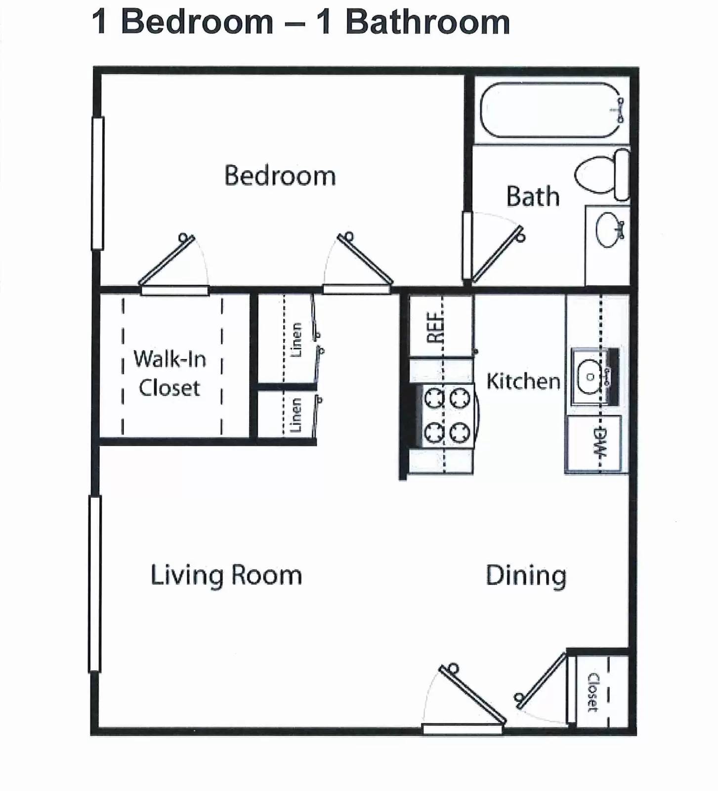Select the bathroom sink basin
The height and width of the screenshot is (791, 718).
coord(609,230)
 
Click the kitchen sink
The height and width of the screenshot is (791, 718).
coord(591,377)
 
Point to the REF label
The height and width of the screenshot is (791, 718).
coord(435,327)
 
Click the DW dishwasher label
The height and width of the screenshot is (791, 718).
coord(599,442)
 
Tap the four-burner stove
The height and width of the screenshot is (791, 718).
coord(446,416)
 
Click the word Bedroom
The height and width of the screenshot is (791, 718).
coord(280,176)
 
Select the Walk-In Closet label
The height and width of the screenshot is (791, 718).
coord(169,373)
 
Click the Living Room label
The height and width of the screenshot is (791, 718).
coord(226,575)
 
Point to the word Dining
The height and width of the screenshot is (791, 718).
coord(526,575)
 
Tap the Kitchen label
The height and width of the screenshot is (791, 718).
coord(523,381)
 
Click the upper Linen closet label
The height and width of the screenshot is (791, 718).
coord(296,340)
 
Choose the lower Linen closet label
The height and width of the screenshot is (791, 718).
coord(296,415)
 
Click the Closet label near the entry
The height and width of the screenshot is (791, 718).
coord(592,692)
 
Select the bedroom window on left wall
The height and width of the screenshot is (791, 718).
coord(97,183)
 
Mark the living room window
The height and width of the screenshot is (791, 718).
coord(94,584)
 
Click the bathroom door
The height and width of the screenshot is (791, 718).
coord(497,254)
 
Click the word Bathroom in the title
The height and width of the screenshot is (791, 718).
coord(427,22)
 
